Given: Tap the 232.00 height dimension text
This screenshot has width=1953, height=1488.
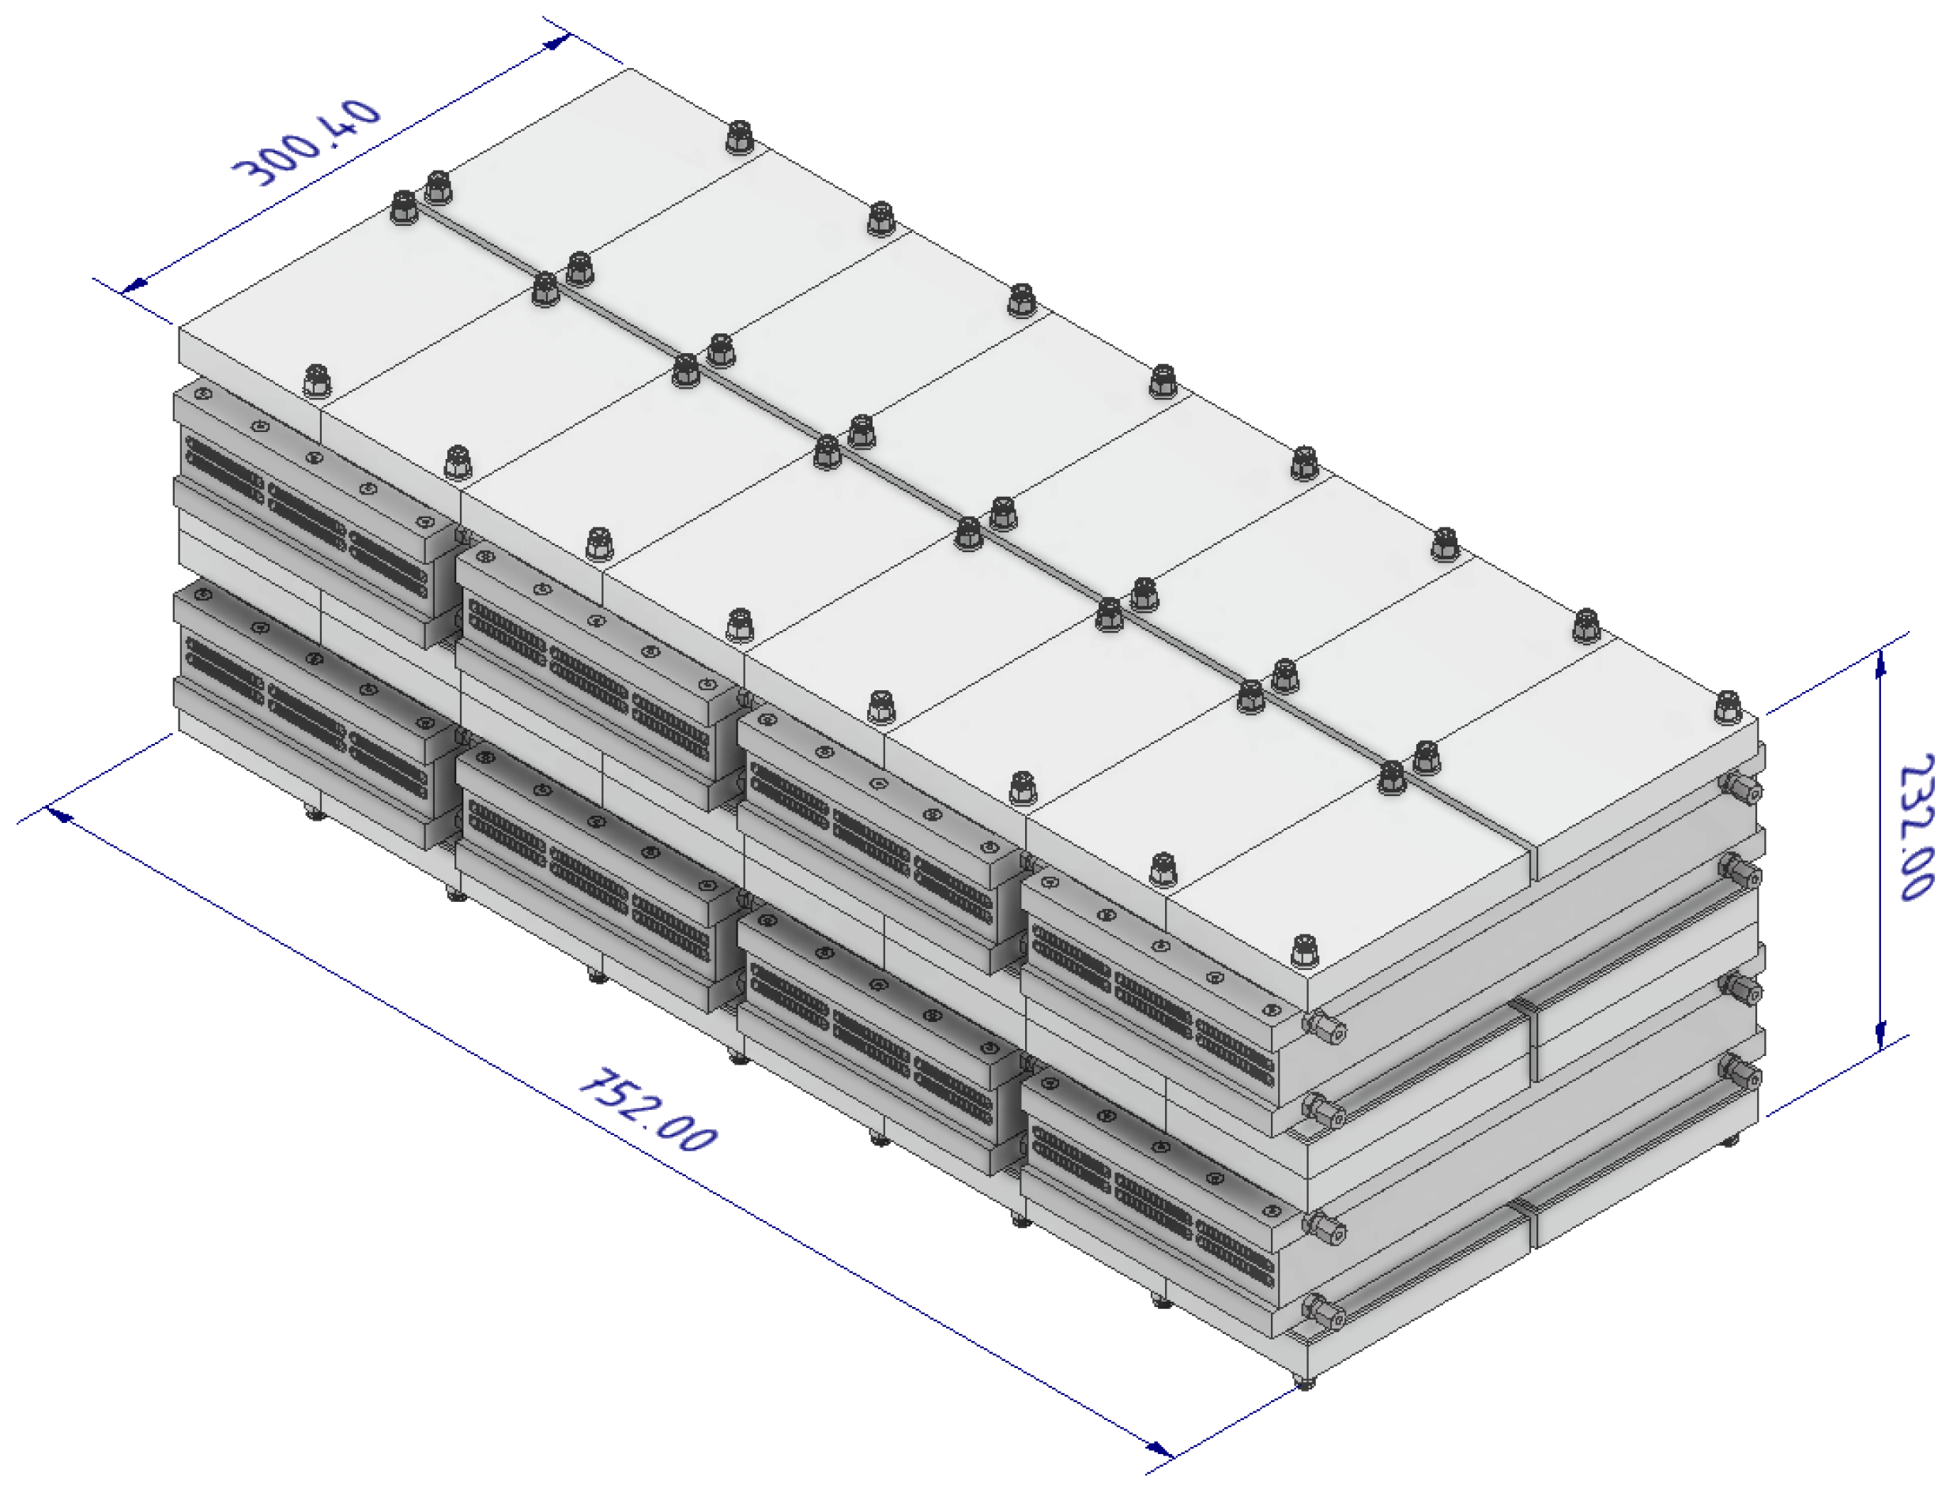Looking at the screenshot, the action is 1917,827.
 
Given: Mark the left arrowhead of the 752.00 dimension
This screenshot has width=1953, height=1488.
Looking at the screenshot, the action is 59,813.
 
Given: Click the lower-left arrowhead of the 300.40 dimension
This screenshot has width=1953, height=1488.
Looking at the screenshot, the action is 134,285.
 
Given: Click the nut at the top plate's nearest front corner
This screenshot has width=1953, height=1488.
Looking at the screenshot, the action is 1303,951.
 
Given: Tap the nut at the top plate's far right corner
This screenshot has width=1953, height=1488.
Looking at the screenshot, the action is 1727,708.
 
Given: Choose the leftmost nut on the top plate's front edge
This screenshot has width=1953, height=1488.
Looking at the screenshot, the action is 316,381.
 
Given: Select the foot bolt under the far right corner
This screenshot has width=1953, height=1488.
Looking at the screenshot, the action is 1729,1140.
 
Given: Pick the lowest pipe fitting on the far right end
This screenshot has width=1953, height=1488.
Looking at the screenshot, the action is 1741,1075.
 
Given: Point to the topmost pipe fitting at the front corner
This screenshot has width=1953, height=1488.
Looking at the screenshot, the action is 1325,1028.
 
